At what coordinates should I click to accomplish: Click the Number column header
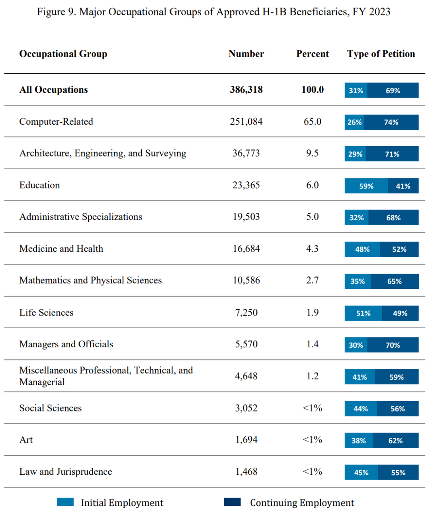(x=246, y=54)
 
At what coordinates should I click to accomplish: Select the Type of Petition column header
(x=381, y=54)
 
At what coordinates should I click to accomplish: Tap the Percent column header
(x=312, y=54)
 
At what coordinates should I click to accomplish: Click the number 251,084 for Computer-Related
(x=246, y=121)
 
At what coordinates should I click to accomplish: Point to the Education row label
(x=39, y=185)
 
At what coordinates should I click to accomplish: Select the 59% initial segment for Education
(x=366, y=186)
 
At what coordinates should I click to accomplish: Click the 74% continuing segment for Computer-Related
(x=391, y=122)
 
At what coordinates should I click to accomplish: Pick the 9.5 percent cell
(x=312, y=153)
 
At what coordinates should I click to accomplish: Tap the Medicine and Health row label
(x=61, y=249)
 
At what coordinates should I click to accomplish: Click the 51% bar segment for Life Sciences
(x=363, y=313)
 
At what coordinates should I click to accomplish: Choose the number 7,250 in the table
(x=246, y=312)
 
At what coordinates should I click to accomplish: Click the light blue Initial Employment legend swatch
(x=65, y=502)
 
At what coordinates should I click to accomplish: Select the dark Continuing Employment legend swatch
(x=232, y=502)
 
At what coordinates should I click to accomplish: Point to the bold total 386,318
(x=246, y=90)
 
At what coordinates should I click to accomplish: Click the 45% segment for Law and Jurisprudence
(x=361, y=472)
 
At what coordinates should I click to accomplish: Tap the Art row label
(x=26, y=440)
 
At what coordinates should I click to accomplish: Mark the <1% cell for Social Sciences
(x=312, y=408)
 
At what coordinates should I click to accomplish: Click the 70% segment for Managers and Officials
(x=393, y=345)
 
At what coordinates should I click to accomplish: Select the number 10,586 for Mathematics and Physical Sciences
(x=246, y=280)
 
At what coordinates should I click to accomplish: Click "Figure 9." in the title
(x=57, y=12)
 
